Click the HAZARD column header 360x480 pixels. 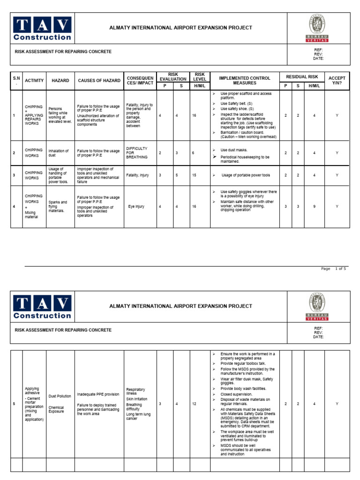(x=60, y=81)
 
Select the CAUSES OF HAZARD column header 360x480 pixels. (x=99, y=81)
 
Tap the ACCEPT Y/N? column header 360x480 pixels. (x=337, y=81)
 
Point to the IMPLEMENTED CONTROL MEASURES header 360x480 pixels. (x=244, y=81)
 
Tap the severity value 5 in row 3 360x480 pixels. (x=177, y=175)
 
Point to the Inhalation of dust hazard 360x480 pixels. (x=59, y=153)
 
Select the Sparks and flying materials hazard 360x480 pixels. (x=58, y=206)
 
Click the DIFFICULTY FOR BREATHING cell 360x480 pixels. (x=137, y=153)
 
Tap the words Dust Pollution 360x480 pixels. (x=60, y=396)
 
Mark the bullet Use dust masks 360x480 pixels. (x=234, y=150)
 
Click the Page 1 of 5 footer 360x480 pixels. (x=333, y=269)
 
